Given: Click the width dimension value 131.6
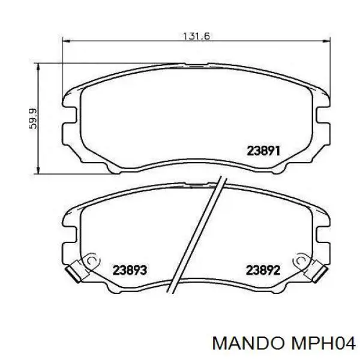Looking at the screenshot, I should point(196,36).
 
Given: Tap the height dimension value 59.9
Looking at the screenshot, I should point(34,117).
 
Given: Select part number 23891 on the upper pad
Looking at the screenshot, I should point(264,151).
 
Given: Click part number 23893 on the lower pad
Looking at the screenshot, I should point(130,270).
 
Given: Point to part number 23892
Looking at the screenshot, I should point(263,270).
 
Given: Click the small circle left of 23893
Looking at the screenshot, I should point(92,261).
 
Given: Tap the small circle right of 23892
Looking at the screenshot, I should point(298,261).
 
